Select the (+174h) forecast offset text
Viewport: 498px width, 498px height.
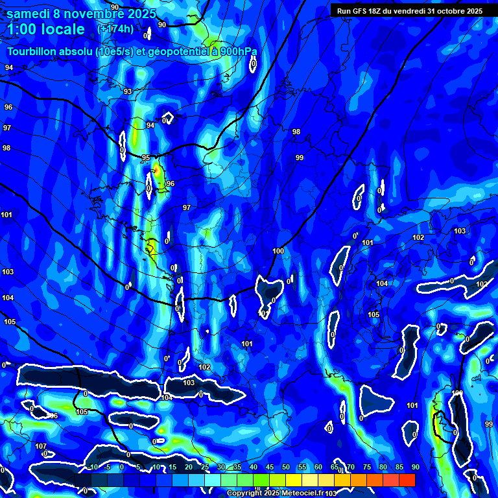click(x=115, y=29)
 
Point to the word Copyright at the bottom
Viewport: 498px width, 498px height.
click(x=245, y=493)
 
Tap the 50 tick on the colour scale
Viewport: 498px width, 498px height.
click(x=285, y=467)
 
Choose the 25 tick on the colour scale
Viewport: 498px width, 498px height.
click(x=205, y=467)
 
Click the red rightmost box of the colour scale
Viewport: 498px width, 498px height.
click(x=407, y=480)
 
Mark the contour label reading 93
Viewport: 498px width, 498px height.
click(x=128, y=91)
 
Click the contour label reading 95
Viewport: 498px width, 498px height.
click(x=146, y=158)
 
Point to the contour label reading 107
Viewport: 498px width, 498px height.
click(x=41, y=446)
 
